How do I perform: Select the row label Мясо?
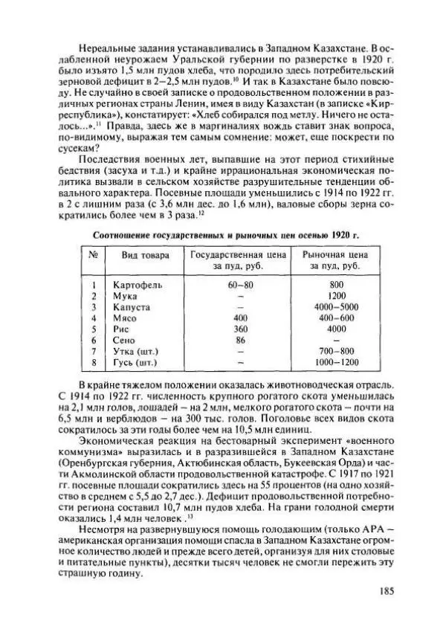tap(126, 317)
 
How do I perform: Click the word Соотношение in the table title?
tap(122, 235)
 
